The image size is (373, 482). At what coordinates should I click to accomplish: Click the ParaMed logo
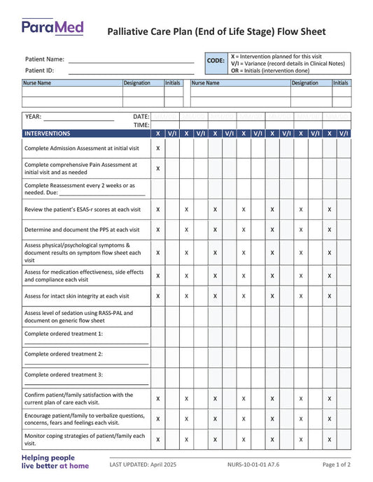coord(52,27)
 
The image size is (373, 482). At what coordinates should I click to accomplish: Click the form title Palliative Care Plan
coord(216,31)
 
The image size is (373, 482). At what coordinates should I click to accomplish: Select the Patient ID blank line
coord(131,71)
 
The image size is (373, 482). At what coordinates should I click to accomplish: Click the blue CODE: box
coord(216,61)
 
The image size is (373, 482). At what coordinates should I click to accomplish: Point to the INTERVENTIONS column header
coord(48,133)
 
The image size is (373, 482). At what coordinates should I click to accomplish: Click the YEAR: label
coord(33,117)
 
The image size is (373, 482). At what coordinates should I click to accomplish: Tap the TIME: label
coord(141,125)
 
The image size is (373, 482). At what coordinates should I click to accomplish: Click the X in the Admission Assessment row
coord(157,148)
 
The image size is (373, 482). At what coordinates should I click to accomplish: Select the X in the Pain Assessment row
coord(157,168)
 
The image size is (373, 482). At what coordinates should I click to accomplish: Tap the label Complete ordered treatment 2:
coord(64,354)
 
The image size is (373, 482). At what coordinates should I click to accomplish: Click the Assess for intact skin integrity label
coord(77,295)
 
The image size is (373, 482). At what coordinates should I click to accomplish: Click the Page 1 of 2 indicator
coord(337,465)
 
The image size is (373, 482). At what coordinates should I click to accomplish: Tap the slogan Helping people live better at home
coord(55,462)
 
